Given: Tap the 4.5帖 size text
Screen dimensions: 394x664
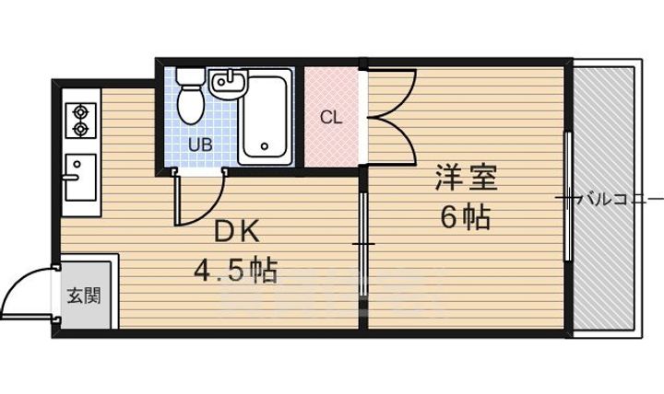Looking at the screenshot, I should tap(235, 272).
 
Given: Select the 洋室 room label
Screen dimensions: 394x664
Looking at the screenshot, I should tap(466, 178).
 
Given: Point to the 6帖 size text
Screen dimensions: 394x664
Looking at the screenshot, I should tap(464, 219).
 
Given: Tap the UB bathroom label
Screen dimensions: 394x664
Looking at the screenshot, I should tap(199, 145).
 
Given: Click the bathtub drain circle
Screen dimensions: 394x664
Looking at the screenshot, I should tap(265, 146).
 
